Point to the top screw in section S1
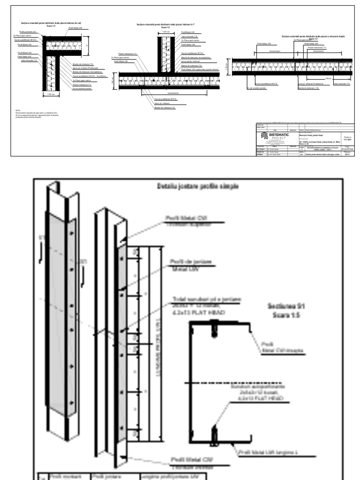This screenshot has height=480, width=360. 215,323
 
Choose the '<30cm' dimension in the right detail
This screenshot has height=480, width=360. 329,78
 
